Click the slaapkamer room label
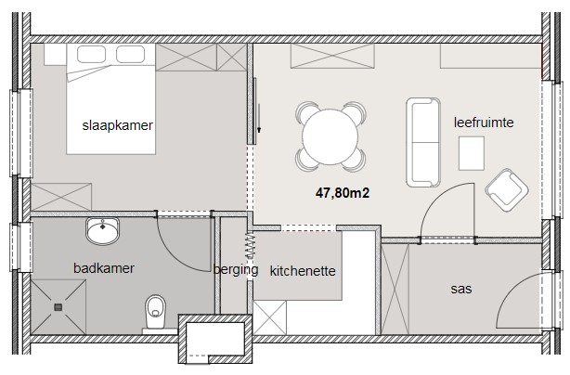[117, 125]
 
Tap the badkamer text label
[104, 268]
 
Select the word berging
[236, 270]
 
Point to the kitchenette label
[303, 271]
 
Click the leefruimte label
[484, 123]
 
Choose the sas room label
[461, 290]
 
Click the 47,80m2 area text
[343, 193]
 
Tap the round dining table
[330, 137]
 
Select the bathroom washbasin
[102, 230]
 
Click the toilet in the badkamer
[155, 312]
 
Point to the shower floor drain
[58, 307]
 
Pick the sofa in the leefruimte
[423, 142]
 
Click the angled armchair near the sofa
[506, 190]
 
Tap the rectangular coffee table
[471, 153]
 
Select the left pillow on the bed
[91, 54]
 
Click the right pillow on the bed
[131, 54]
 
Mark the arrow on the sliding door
[259, 118]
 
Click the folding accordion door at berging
[251, 245]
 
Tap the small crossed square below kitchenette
[270, 317]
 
